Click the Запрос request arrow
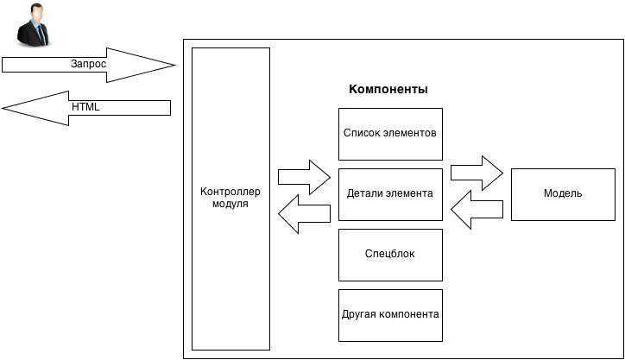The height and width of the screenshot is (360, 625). point(86,65)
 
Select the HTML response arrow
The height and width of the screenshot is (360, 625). point(86,107)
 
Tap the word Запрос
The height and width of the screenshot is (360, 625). point(87,65)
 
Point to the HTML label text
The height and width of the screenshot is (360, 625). point(85,107)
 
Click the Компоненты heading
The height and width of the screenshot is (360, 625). point(388,90)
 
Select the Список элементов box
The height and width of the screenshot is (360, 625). point(390,134)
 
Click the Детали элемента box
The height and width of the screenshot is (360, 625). point(390,194)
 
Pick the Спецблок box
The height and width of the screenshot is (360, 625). point(390,255)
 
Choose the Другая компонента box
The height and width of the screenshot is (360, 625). point(390,314)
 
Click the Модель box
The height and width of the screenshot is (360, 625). point(563,194)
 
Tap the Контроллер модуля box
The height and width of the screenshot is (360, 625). point(230,199)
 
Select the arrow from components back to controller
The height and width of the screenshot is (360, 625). point(305,212)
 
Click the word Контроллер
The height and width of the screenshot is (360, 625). point(230,192)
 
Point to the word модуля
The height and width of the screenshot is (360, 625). point(230,205)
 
